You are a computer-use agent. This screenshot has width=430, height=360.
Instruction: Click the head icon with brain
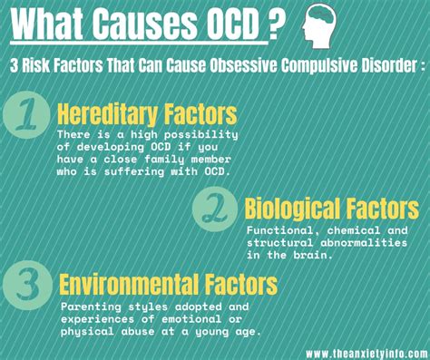point(325,24)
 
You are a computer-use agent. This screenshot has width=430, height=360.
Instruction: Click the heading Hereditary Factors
point(148,115)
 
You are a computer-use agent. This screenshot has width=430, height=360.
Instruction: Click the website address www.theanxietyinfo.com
point(365,352)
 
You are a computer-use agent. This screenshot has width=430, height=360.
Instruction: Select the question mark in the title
point(274,24)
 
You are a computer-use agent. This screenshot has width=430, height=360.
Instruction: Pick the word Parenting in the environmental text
point(92,306)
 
